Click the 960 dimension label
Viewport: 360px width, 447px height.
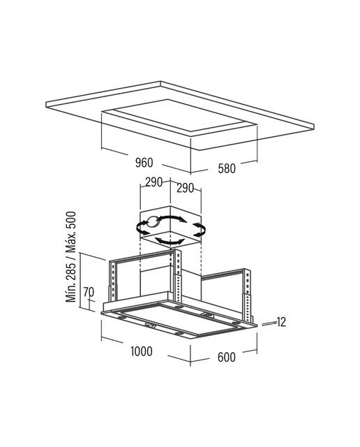(x=144, y=163)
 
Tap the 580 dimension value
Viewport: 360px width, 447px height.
(x=227, y=168)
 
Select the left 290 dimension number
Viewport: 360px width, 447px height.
(x=153, y=182)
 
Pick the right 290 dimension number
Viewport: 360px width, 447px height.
(x=185, y=188)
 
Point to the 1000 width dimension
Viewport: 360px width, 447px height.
(x=142, y=351)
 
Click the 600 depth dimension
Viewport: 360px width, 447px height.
(x=227, y=357)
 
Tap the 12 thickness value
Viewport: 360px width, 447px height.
(x=281, y=322)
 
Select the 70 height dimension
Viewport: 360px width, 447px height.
(x=89, y=292)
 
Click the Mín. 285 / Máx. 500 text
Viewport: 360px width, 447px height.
(x=71, y=256)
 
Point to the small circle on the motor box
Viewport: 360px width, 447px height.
(x=153, y=222)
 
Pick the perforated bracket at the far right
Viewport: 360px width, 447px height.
(x=247, y=295)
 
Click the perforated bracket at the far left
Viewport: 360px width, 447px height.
(x=113, y=281)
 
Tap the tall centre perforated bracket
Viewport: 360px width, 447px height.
(x=178, y=276)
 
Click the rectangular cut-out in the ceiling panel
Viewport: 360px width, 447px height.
(x=179, y=117)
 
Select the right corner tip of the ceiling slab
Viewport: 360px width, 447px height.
(x=314, y=126)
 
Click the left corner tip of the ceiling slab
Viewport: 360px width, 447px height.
(x=46, y=104)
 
